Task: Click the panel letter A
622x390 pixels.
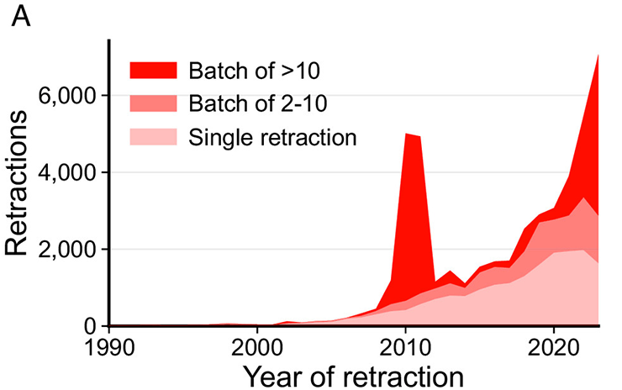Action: [x=21, y=18]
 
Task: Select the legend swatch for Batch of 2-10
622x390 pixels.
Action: [x=154, y=103]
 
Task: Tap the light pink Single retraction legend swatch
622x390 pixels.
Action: [x=154, y=136]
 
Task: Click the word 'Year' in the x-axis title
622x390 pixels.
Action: [x=272, y=374]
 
